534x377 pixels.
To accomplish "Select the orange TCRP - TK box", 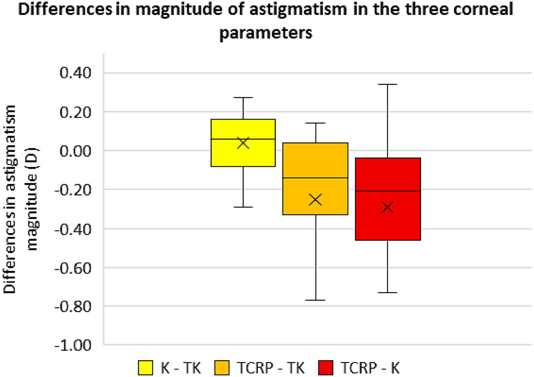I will coord(315,163).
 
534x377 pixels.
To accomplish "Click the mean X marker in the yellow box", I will coord(243,143).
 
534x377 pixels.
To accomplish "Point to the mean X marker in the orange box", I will coord(315,200).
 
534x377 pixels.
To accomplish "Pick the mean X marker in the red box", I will coord(388,207).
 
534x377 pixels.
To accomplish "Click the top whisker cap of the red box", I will coord(388,84).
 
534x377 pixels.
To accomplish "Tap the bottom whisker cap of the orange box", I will coord(315,300).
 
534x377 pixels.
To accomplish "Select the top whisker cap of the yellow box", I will coord(243,98).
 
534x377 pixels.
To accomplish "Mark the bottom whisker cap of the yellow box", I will coord(243,207).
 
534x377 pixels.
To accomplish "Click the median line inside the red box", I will coord(388,191).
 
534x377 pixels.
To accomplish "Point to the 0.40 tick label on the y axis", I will coord(76,73).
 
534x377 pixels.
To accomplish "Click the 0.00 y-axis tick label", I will coord(76,151).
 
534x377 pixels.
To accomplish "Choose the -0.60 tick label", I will coord(73,268).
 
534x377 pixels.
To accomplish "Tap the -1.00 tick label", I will coord(73,345).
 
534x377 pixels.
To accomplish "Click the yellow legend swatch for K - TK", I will coord(145,368).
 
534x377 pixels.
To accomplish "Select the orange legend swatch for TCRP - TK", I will coord(222,368).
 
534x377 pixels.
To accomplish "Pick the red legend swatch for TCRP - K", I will coord(326,368).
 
